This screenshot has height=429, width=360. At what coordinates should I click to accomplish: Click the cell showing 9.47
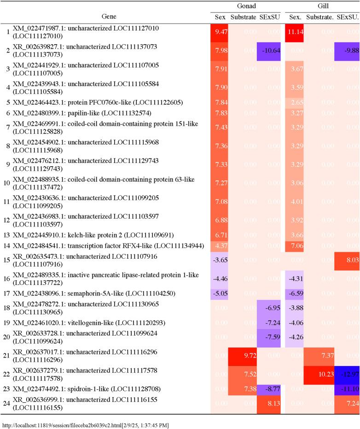[x=220, y=32]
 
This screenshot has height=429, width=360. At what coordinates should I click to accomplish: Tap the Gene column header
[x=105, y=17]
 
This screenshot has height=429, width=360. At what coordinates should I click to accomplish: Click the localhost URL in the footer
[x=85, y=424]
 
